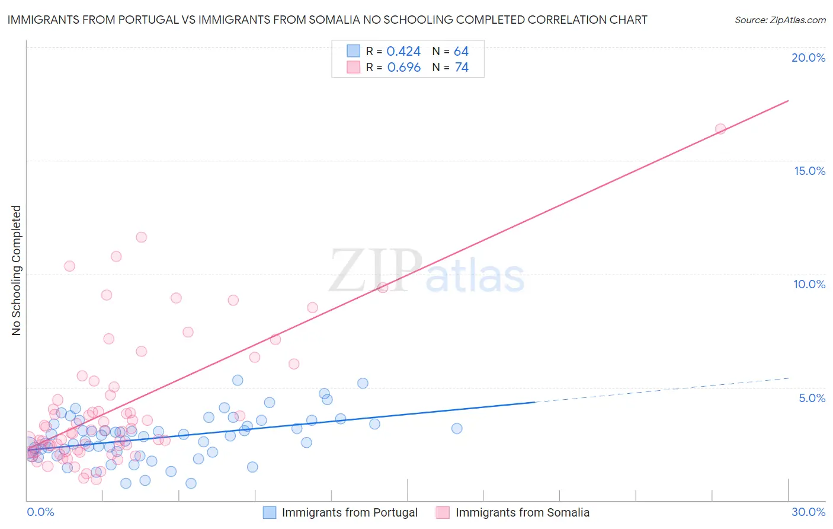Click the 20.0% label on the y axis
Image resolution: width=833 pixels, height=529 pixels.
[x=808, y=58]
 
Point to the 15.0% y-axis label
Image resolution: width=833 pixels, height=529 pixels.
[x=809, y=171]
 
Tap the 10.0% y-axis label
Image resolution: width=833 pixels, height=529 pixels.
[x=809, y=284]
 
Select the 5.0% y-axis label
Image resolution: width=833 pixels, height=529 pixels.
[x=812, y=398]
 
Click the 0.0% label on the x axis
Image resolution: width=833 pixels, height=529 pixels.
[x=40, y=512]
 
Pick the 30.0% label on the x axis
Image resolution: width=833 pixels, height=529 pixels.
[x=808, y=512]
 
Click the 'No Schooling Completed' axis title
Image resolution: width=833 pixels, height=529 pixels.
[x=17, y=270]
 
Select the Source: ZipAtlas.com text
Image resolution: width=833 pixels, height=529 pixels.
[x=780, y=20]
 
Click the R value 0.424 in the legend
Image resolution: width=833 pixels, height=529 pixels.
[x=403, y=52]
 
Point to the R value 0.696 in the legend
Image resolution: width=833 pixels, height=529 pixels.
[x=403, y=68]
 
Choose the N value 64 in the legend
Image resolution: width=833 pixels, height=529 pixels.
[x=461, y=52]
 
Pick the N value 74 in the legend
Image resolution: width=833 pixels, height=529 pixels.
[x=462, y=68]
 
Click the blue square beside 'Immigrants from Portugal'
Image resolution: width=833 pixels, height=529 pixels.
[x=270, y=512]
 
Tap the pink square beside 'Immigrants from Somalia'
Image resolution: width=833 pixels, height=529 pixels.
[x=443, y=512]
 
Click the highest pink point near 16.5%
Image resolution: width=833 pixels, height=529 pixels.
[x=720, y=129]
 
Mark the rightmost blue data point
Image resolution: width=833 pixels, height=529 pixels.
[x=457, y=428]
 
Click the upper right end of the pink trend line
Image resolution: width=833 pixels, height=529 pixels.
[x=788, y=101]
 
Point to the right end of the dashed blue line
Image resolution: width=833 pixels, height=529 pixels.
[x=789, y=378]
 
